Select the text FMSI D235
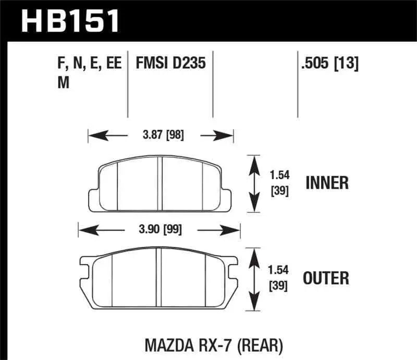(170, 64)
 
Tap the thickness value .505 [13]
(328, 64)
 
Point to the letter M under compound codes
(63, 83)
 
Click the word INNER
(327, 183)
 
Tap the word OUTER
(327, 278)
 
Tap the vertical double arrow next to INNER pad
(253, 183)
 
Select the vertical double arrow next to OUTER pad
(253, 278)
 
